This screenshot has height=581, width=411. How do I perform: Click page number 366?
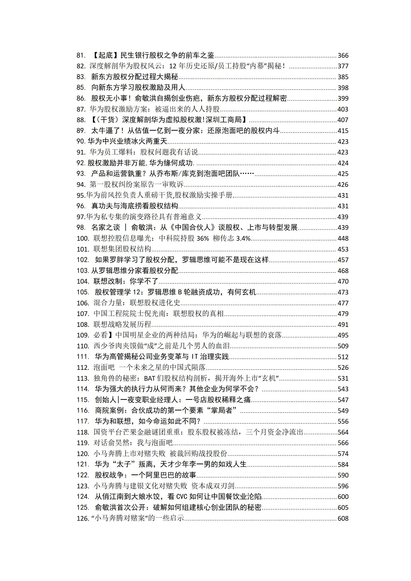click(x=343, y=55)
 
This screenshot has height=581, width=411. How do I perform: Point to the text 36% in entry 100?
click(x=203, y=238)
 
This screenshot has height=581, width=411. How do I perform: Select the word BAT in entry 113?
click(x=149, y=378)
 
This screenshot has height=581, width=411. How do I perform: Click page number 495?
click(x=343, y=335)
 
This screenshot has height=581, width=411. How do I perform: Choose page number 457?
click(x=343, y=260)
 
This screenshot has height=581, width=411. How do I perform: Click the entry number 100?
click(x=83, y=238)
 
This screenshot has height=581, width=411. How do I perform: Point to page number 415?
click(x=343, y=131)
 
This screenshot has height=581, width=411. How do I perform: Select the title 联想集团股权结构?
click(x=122, y=249)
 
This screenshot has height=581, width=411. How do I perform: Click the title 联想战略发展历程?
click(x=122, y=324)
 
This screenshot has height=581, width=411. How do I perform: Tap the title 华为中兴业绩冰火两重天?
click(x=128, y=141)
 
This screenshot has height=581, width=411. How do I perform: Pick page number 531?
click(x=343, y=378)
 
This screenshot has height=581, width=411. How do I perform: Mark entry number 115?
click(x=83, y=400)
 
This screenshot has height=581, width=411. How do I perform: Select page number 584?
click(x=343, y=465)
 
